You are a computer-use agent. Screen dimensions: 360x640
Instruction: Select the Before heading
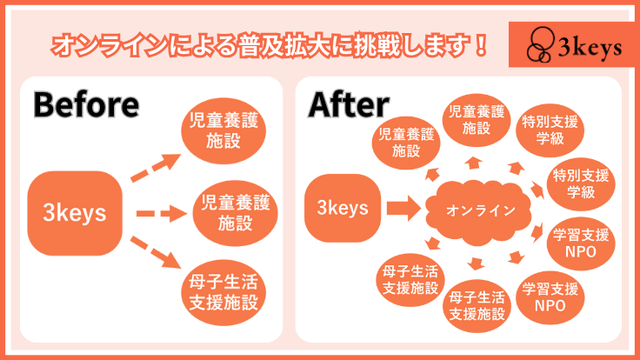pyautogui.click(x=86, y=105)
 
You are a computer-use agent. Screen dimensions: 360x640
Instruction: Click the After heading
pyautogui.click(x=348, y=105)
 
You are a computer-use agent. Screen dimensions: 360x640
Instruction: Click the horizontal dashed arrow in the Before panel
pyautogui.click(x=157, y=213)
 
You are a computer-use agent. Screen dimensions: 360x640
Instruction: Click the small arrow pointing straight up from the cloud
pyautogui.click(x=473, y=162)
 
